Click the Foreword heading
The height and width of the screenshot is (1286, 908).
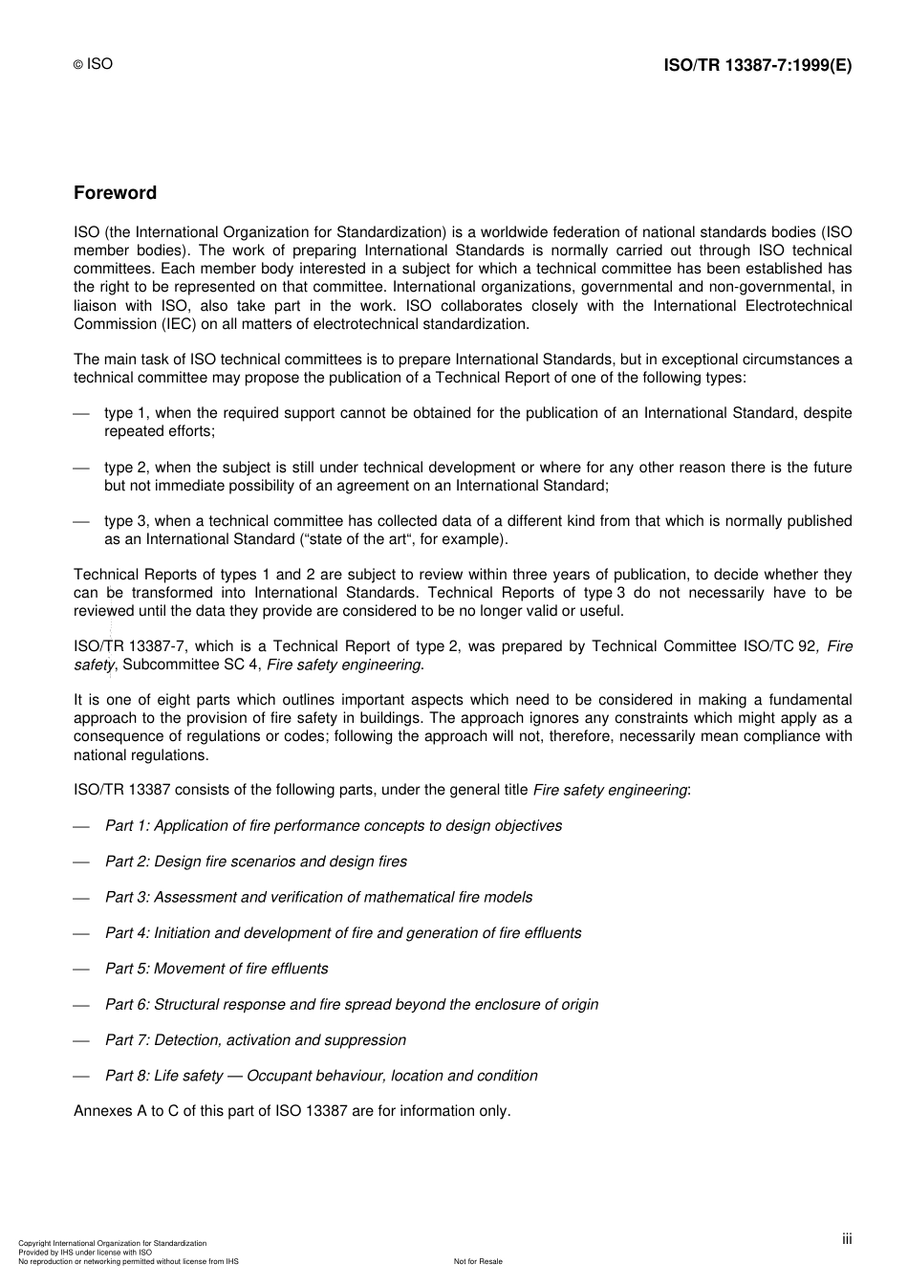(115, 193)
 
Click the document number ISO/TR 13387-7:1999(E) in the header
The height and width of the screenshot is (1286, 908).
(757, 65)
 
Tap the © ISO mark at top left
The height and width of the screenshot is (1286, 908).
(94, 64)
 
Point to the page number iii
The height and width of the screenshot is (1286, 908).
(847, 1239)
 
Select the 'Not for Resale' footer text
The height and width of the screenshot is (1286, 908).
(478, 1261)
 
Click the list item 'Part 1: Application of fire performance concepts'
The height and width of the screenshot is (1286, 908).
(333, 826)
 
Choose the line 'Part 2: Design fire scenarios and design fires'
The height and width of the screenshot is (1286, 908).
(255, 861)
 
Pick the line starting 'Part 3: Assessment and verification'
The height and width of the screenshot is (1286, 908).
(318, 898)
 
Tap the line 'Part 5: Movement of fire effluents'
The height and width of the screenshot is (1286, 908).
(216, 969)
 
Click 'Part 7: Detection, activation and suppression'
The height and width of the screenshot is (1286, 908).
(255, 1040)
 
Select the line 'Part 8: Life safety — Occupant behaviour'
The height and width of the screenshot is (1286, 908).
(321, 1076)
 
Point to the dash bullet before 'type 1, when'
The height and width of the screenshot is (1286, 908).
(81, 414)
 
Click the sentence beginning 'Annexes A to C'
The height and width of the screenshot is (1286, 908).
(292, 1111)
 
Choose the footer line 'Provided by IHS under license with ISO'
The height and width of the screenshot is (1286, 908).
(85, 1253)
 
